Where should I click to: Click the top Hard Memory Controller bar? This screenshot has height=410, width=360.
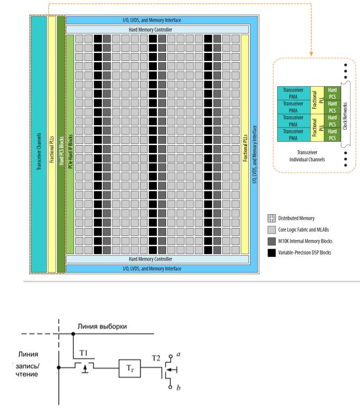(x=157, y=29)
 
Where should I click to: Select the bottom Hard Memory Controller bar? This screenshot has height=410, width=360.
(x=157, y=259)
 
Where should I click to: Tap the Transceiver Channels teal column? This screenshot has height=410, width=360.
(x=39, y=144)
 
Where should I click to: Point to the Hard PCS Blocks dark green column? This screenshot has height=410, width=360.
(x=61, y=144)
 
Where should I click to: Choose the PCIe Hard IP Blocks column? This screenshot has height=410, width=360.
(x=70, y=144)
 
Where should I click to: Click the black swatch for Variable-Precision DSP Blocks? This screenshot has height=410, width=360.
(x=272, y=252)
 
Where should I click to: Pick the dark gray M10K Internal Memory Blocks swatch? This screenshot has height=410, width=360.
(x=272, y=241)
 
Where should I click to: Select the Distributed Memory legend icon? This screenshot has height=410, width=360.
(x=272, y=218)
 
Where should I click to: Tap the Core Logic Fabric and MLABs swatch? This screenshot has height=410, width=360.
(x=272, y=230)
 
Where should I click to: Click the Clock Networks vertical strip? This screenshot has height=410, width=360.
(x=345, y=114)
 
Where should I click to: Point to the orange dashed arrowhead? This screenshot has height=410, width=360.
(x=311, y=53)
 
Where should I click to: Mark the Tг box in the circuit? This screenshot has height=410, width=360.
(x=130, y=369)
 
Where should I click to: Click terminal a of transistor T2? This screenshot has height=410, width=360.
(x=170, y=356)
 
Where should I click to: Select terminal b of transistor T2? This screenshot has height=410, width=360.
(x=170, y=387)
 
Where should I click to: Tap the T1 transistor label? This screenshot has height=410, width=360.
(x=83, y=353)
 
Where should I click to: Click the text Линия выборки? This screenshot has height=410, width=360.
(x=102, y=327)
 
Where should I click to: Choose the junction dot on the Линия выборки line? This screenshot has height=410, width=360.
(x=73, y=334)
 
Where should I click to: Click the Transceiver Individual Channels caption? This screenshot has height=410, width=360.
(x=307, y=156)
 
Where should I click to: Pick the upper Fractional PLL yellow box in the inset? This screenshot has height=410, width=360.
(x=318, y=100)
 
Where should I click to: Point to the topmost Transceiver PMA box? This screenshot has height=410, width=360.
(x=294, y=93)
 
